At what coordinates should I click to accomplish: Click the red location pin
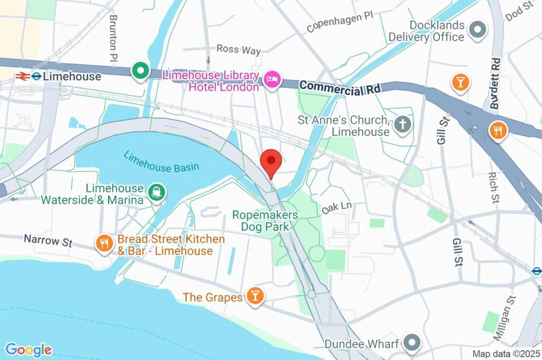[271, 160]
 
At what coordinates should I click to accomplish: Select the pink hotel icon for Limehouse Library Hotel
[272, 80]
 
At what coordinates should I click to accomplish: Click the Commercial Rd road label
[339, 88]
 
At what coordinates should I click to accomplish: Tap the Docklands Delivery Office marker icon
[478, 31]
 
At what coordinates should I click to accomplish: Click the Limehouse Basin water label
[161, 162]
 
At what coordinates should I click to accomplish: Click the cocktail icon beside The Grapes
[255, 297]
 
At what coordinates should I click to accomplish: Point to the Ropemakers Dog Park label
[265, 221]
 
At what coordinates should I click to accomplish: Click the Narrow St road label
[48, 241]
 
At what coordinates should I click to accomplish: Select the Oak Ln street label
[337, 208]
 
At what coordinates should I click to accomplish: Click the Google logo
[29, 349]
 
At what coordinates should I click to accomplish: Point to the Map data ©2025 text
[506, 354]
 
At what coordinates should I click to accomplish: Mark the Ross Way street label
[239, 50]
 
